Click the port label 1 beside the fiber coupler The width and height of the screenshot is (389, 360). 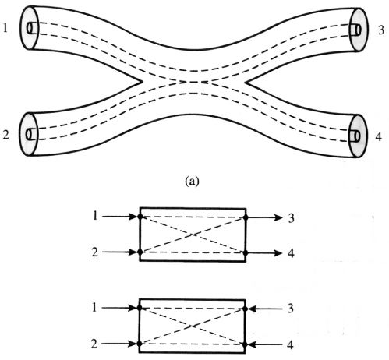pyautogui.click(x=5, y=28)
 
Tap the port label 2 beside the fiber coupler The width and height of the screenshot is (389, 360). pyautogui.click(x=5, y=135)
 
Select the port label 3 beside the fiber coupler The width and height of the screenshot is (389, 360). pyautogui.click(x=381, y=30)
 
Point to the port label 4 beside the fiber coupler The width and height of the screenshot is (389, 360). pyautogui.click(x=379, y=137)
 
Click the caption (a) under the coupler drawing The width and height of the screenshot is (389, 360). pyautogui.click(x=192, y=181)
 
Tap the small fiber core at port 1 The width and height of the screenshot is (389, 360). pyautogui.click(x=30, y=28)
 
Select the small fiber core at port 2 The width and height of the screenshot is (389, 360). pyautogui.click(x=29, y=135)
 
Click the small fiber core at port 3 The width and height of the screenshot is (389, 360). pyautogui.click(x=358, y=30)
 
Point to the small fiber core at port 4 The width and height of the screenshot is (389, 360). pyautogui.click(x=356, y=136)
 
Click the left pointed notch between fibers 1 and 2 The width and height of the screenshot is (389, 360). pyautogui.click(x=143, y=82)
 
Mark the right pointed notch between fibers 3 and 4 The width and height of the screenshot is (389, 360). pyautogui.click(x=246, y=83)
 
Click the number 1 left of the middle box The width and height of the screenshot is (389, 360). pyautogui.click(x=95, y=216)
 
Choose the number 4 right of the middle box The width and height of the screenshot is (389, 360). pyautogui.click(x=291, y=253)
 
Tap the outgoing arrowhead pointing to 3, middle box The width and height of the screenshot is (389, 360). pyautogui.click(x=278, y=217)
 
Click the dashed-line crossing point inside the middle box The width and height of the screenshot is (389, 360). pyautogui.click(x=193, y=235)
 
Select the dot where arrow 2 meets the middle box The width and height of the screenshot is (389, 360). pyautogui.click(x=140, y=252)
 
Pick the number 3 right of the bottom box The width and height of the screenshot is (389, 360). pyautogui.click(x=290, y=309)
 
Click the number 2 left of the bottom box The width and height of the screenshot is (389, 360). pyautogui.click(x=94, y=344)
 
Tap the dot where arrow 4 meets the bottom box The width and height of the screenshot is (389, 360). pyautogui.click(x=245, y=344)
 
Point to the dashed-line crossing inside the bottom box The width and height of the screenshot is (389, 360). pyautogui.click(x=192, y=326)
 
